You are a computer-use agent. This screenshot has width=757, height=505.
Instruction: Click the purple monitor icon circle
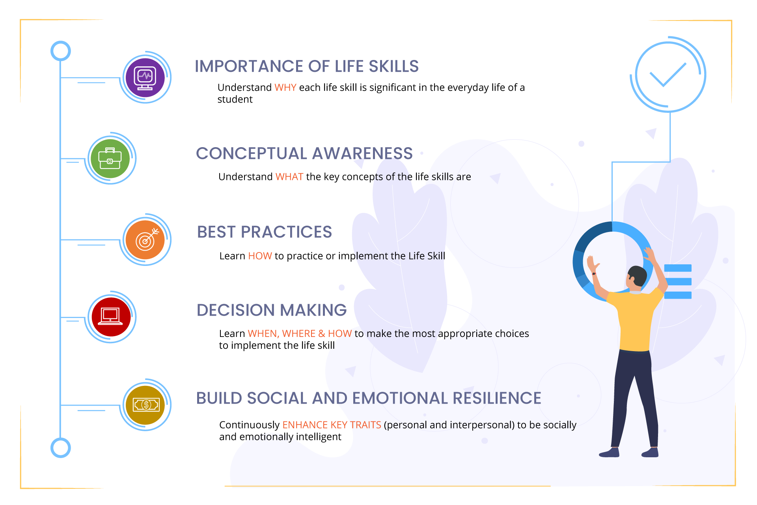[145, 77]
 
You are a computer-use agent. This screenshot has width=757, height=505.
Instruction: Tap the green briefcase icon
[110, 158]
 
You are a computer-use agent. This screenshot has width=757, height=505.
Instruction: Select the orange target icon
[145, 239]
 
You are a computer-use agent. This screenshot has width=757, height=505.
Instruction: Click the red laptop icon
[110, 317]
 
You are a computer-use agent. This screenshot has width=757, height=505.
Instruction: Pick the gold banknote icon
[145, 405]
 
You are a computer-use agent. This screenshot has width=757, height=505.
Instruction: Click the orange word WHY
[285, 88]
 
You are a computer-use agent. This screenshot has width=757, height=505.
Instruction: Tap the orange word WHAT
[289, 177]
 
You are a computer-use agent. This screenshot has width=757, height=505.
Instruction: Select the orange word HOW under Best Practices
[260, 256]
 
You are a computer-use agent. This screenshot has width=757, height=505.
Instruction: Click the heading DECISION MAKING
[272, 310]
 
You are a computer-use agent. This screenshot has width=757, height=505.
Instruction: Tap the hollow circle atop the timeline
[61, 51]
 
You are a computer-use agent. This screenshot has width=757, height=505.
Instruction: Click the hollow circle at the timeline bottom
[61, 448]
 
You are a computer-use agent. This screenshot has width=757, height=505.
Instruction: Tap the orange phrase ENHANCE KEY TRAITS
[332, 425]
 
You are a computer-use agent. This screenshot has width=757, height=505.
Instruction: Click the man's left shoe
[609, 453]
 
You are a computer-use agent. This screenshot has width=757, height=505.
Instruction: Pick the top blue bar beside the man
[678, 268]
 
